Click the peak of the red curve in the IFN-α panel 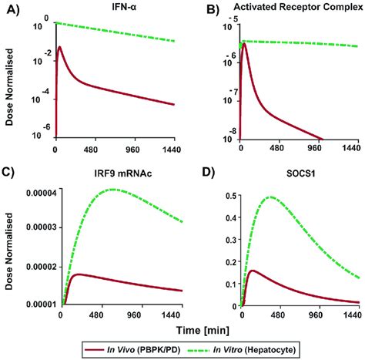pyautogui.click(x=60, y=47)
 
